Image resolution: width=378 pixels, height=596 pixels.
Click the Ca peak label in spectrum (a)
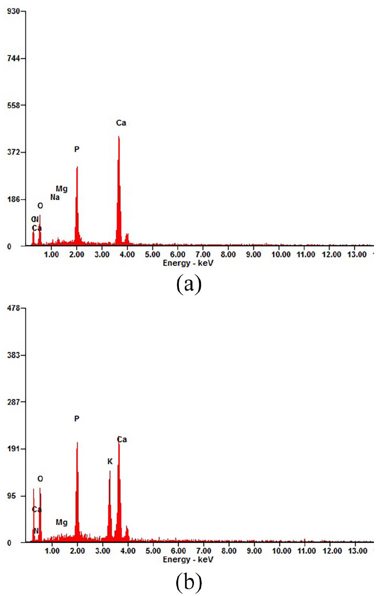pos(121,123)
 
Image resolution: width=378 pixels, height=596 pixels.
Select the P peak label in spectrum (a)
pos(76,150)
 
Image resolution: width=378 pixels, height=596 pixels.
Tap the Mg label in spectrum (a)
pos(62,189)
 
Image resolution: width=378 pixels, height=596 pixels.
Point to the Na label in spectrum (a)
pos(55,197)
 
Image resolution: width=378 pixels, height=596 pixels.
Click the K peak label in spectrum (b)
pos(110,462)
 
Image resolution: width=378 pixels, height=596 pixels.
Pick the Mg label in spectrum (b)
pos(62,523)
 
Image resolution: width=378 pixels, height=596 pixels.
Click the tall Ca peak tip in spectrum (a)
pos(119,137)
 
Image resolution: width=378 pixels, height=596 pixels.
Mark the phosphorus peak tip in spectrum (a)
pos(77,167)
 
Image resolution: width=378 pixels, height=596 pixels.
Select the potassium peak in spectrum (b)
pos(110,472)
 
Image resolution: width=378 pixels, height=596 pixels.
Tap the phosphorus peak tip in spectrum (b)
pos(77,443)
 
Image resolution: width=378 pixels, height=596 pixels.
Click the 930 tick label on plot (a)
pos(14,11)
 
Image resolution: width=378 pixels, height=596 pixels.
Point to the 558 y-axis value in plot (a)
pos(14,105)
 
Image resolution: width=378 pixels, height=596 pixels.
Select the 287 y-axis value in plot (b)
pos(14,402)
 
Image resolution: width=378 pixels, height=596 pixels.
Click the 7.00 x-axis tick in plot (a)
pos(203,255)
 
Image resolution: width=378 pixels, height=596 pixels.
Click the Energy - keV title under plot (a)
pos(188,263)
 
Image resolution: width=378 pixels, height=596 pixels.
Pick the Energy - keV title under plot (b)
pos(188,560)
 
